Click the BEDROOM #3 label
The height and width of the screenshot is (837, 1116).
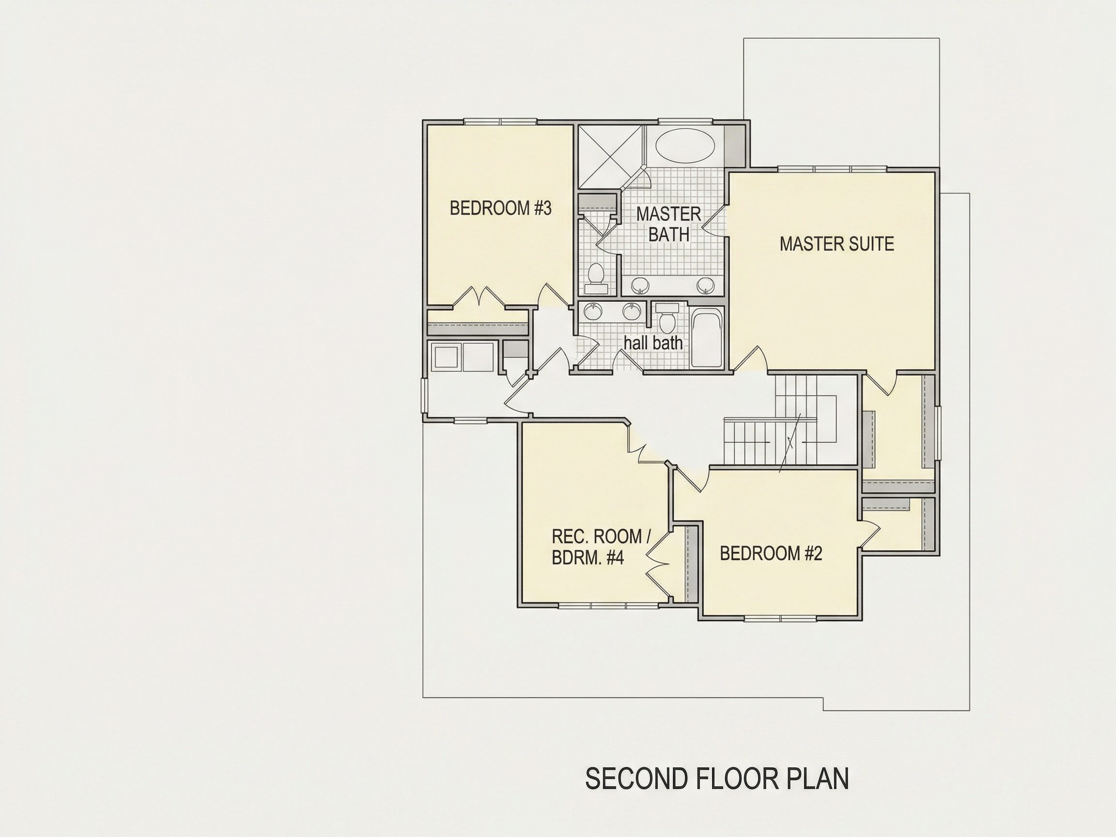[500, 208]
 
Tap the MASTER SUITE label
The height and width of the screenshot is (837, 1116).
[837, 244]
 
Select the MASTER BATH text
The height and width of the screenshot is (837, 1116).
[668, 224]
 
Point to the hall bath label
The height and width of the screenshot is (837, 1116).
[653, 343]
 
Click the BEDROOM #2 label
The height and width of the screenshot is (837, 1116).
[771, 554]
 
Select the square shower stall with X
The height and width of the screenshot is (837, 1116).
[611, 156]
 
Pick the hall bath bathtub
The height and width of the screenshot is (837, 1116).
[707, 339]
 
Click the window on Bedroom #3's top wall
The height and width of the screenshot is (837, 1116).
[500, 121]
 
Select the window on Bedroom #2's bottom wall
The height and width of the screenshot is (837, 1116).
[780, 618]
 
